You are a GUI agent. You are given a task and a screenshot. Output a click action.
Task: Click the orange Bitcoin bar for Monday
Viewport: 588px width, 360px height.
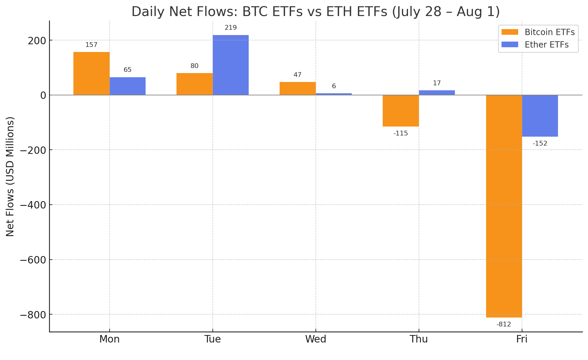pyautogui.click(x=91, y=73)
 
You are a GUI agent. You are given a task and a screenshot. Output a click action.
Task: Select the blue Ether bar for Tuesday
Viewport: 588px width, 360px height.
pyautogui.click(x=231, y=65)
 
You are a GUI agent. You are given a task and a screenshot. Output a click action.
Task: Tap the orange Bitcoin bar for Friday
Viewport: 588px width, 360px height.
pyautogui.click(x=504, y=206)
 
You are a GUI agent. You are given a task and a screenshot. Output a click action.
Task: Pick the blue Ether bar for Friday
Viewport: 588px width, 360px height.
pyautogui.click(x=540, y=116)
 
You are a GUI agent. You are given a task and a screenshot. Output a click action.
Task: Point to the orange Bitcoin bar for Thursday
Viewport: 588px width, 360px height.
pyautogui.click(x=401, y=111)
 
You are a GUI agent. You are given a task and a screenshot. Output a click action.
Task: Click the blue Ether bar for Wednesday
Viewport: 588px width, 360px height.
pyautogui.click(x=334, y=94)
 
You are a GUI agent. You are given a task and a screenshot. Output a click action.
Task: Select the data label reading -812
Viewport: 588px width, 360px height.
pyautogui.click(x=504, y=324)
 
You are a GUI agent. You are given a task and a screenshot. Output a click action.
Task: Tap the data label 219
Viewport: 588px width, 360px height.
pyautogui.click(x=231, y=28)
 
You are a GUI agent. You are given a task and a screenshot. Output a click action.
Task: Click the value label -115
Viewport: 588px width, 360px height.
pyautogui.click(x=401, y=133)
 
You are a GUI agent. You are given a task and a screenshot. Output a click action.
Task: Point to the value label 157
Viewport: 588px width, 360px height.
pyautogui.click(x=91, y=45)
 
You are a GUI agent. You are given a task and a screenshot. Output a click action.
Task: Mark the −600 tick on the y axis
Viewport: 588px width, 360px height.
pyautogui.click(x=33, y=260)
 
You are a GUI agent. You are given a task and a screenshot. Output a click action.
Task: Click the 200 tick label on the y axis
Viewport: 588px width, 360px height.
pyautogui.click(x=37, y=41)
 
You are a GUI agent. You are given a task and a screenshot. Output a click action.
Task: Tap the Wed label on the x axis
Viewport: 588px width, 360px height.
pyautogui.click(x=316, y=339)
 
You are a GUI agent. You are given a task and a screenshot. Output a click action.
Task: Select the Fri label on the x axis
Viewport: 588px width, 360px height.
pyautogui.click(x=522, y=339)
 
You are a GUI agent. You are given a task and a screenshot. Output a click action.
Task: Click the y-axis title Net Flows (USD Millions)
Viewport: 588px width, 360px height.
pyautogui.click(x=10, y=176)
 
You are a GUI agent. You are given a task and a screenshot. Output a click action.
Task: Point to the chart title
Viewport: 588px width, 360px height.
pyautogui.click(x=316, y=12)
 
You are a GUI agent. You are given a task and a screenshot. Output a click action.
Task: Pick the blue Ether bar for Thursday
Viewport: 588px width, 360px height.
pyautogui.click(x=437, y=92)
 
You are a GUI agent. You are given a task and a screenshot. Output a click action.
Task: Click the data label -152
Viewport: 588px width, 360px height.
pyautogui.click(x=540, y=143)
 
